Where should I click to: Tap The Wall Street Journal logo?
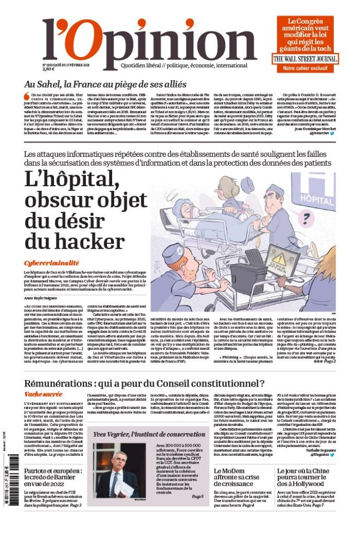coord(304,59)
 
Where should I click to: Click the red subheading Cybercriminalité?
coord(51,263)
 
